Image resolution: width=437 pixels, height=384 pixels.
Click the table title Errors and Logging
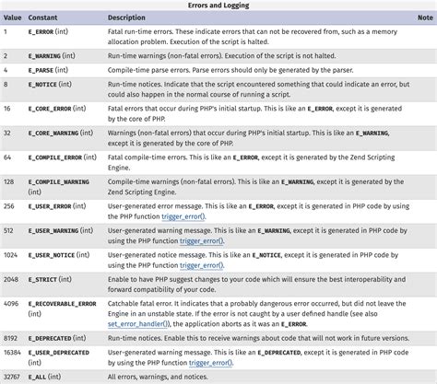click(x=218, y=6)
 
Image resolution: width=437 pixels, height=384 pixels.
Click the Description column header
click(x=125, y=17)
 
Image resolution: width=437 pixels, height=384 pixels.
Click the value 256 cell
click(x=9, y=207)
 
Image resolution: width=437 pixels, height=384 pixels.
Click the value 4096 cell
click(x=11, y=302)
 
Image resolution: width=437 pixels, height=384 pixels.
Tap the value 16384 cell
click(x=13, y=352)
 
